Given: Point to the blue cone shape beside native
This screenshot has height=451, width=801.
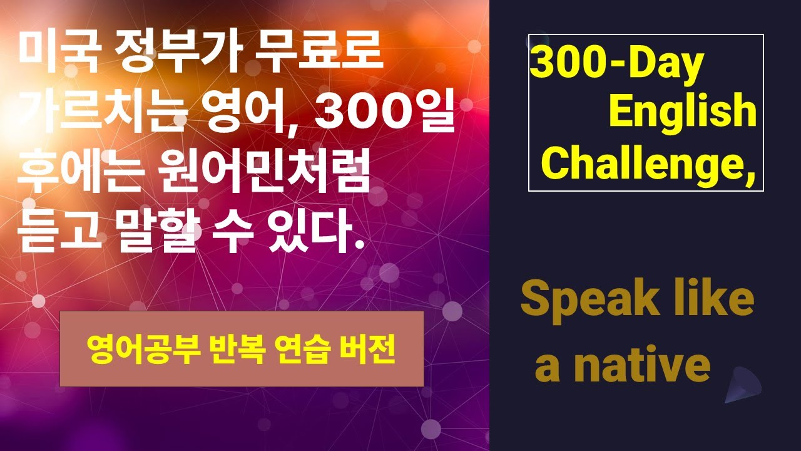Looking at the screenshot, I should pyautogui.click(x=744, y=383).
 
